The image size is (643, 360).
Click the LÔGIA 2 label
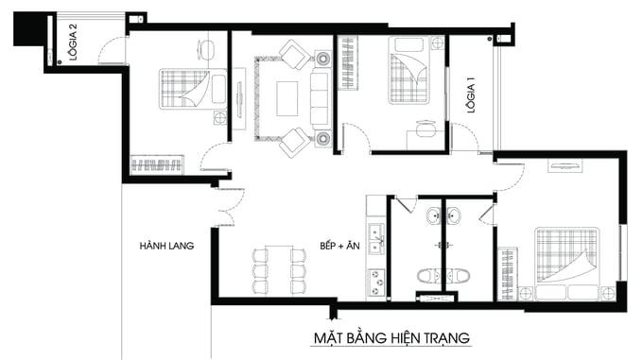(73, 43)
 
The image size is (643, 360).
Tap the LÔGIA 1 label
(470, 94)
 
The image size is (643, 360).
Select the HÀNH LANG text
(166, 246)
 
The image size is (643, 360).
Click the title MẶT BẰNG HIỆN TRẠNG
(391, 337)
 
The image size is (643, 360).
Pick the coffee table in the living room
(287, 95)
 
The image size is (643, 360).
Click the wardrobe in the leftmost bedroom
(155, 165)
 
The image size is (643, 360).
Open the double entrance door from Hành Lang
(227, 205)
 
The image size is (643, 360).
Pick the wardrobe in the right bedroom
(508, 274)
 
